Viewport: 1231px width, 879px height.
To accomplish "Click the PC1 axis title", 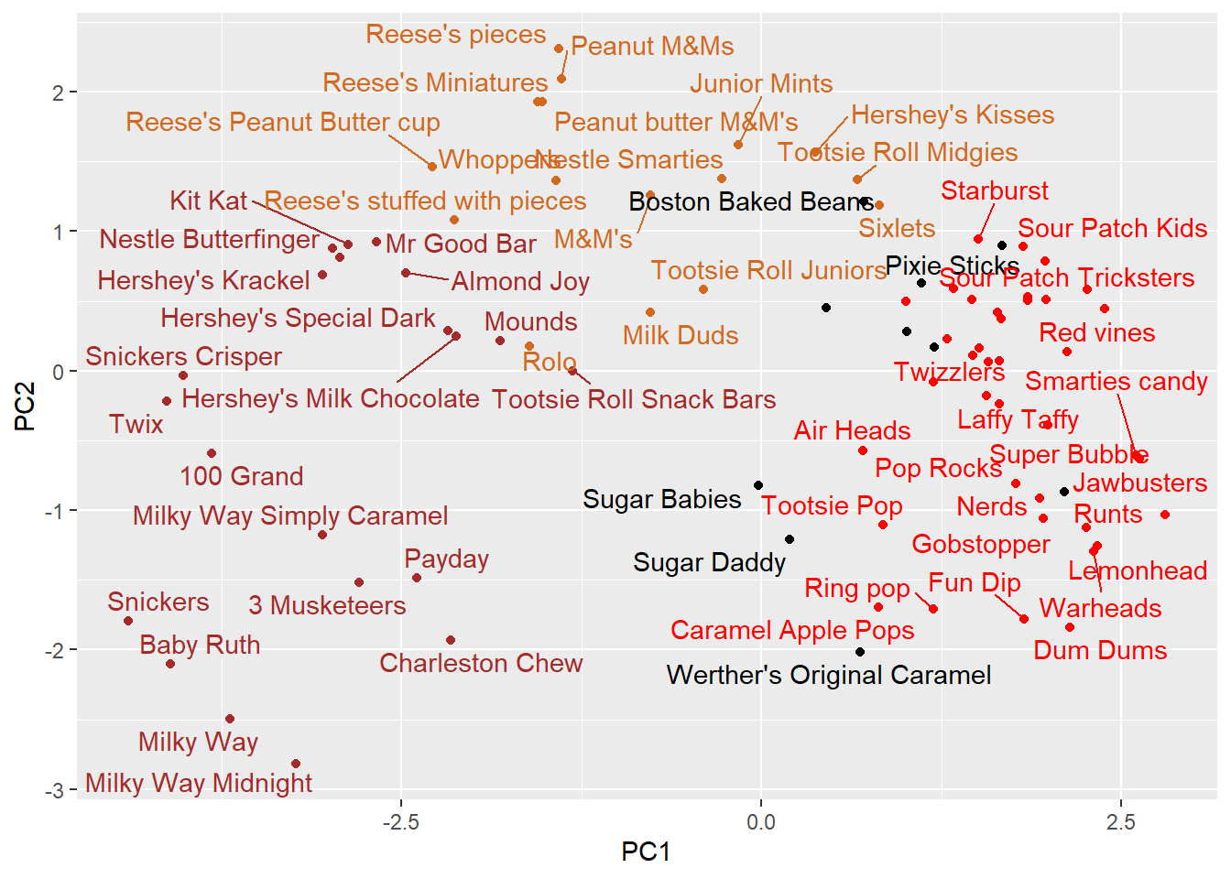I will [x=645, y=852].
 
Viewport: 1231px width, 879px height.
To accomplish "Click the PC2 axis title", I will [x=25, y=407].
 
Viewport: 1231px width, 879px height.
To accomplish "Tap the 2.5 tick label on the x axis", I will [x=1120, y=821].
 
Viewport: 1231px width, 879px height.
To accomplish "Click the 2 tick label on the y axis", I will [x=59, y=92].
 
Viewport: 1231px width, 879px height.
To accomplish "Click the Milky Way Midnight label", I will [x=199, y=783].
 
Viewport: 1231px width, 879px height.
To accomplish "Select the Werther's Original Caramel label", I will [x=829, y=675].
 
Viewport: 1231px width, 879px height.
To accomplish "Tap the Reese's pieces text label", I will [x=455, y=34].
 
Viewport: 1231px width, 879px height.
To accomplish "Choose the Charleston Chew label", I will [x=481, y=662].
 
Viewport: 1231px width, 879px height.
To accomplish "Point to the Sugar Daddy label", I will [x=709, y=562].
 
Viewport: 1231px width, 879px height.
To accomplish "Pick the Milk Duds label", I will [x=681, y=335].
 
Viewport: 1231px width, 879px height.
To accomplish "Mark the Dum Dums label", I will [x=1100, y=650].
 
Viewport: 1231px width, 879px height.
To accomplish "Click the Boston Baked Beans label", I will [x=751, y=201].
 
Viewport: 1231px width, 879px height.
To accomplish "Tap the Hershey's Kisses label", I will [x=953, y=114].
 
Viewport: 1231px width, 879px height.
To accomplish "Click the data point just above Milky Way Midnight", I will [x=296, y=764].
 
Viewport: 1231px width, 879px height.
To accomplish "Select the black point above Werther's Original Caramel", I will [x=860, y=652].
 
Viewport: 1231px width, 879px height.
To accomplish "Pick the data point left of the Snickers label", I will [x=128, y=621].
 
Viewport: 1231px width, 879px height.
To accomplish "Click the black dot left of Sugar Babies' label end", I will [x=758, y=485].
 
